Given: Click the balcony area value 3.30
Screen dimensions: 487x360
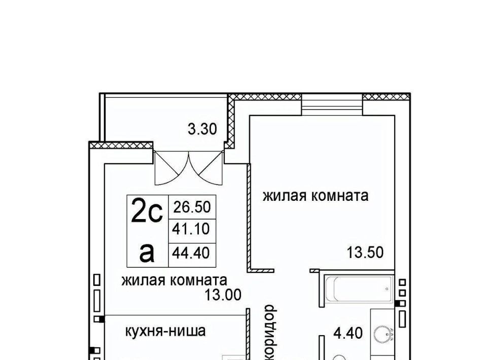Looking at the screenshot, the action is [202, 129].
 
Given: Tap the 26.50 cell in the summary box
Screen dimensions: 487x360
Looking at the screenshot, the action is [192, 207].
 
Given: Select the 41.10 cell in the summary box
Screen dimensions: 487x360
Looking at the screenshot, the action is [191, 229].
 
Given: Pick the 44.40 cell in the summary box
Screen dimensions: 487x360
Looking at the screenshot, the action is [191, 253].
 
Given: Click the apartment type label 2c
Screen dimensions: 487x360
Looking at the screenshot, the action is [147, 210].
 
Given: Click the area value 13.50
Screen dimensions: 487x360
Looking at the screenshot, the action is [365, 253].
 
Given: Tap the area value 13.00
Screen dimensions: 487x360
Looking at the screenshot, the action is [223, 295].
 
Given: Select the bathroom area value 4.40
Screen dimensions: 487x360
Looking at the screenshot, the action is [348, 334].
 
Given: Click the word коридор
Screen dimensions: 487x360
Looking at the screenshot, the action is [269, 333].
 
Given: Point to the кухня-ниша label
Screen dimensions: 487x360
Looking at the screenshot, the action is [165, 331].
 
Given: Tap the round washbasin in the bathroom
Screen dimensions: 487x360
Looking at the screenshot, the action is [381, 334].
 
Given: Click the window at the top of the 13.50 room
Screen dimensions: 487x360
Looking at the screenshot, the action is [332, 104].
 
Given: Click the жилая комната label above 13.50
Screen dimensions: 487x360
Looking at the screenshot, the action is [316, 196].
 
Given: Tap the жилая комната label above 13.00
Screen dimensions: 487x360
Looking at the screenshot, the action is [174, 280].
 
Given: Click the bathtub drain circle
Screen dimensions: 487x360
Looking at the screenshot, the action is [387, 289].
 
